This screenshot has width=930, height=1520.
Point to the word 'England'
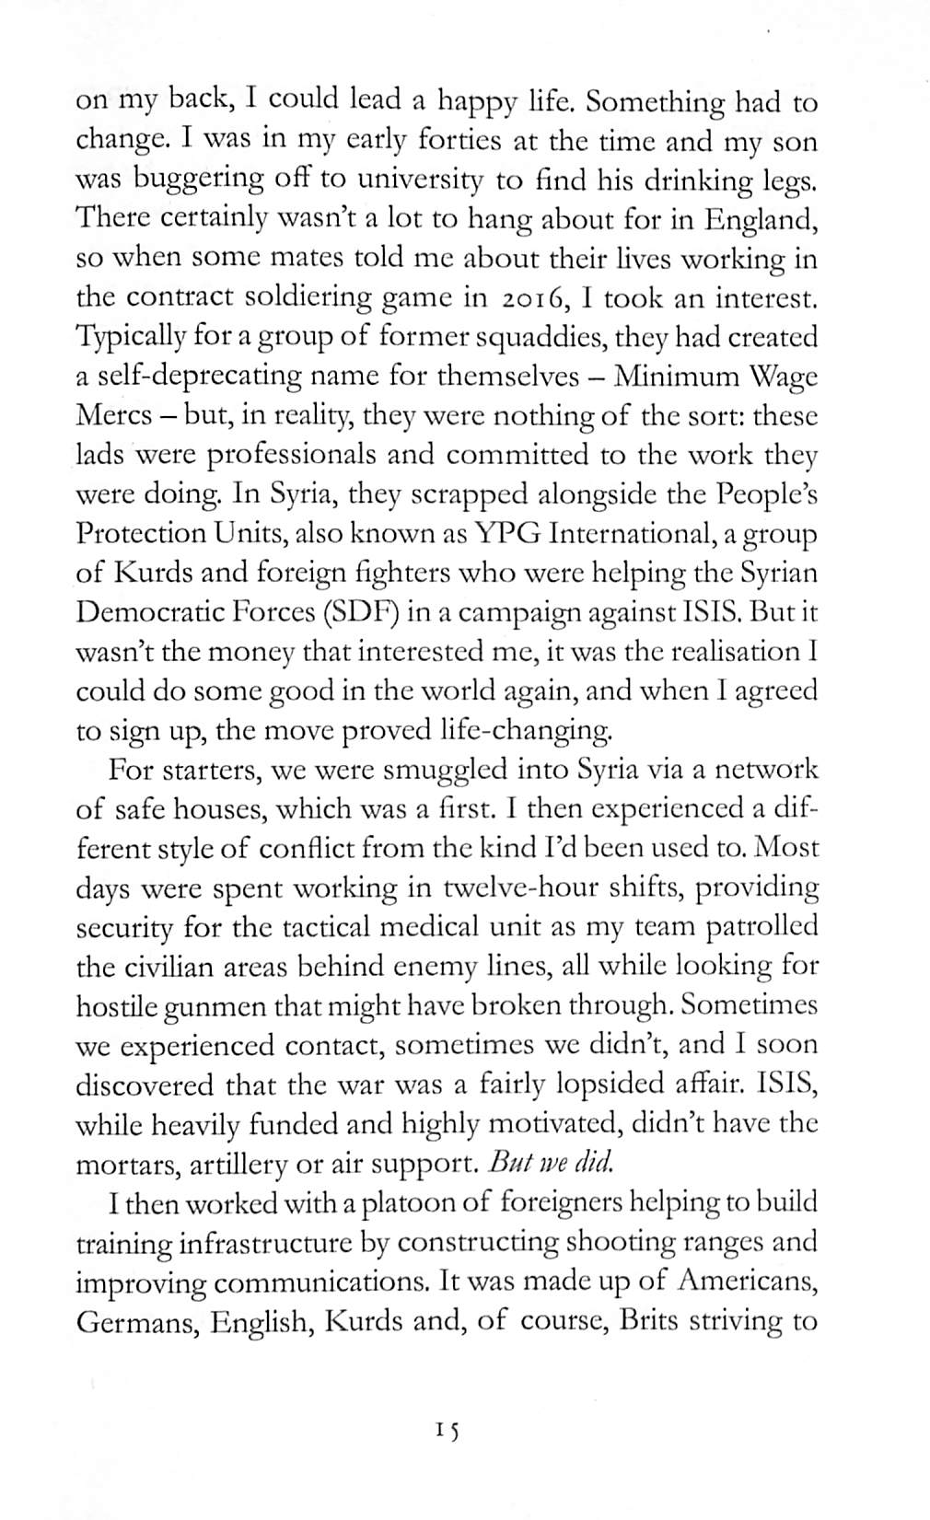point(761,220)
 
